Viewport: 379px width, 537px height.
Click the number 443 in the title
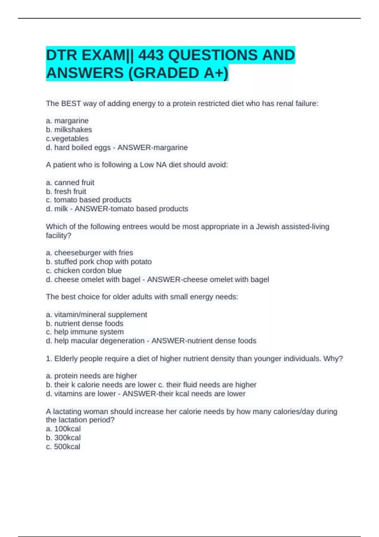click(151, 55)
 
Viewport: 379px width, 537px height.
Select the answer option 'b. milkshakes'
click(69, 130)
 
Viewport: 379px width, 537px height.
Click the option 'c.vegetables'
click(67, 138)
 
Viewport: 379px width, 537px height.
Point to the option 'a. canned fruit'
click(70, 183)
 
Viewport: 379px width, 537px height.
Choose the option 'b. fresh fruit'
click(66, 191)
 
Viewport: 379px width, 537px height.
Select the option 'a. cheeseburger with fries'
click(89, 253)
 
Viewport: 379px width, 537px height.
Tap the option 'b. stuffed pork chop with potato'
click(99, 262)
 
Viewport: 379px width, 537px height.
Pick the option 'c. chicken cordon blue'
click(84, 270)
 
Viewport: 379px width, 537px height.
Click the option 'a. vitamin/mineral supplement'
click(96, 315)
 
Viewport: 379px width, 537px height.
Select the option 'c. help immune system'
click(85, 332)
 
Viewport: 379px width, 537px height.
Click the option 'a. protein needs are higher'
click(91, 376)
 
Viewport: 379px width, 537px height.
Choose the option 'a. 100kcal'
click(63, 429)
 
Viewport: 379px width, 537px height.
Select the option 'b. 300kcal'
click(63, 437)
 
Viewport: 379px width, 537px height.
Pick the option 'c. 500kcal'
click(63, 446)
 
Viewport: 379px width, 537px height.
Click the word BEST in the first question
click(71, 103)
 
